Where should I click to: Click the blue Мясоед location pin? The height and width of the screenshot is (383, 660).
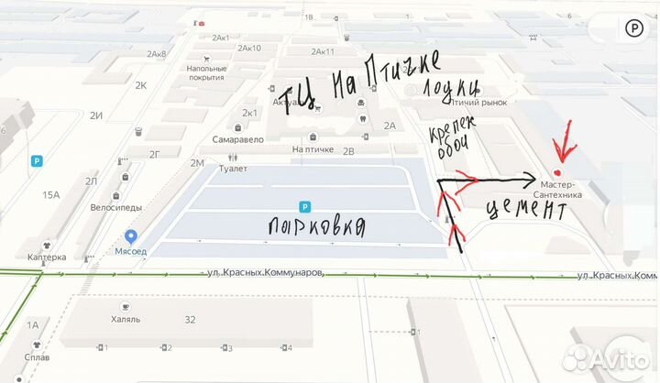(x=131, y=237)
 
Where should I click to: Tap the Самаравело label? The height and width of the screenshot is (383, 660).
(x=237, y=139)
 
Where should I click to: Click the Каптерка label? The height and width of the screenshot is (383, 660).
(x=46, y=257)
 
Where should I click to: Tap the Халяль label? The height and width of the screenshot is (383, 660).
(x=126, y=320)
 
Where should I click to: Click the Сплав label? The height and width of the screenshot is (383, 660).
(x=38, y=357)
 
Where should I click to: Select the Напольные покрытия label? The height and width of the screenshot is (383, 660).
(x=206, y=73)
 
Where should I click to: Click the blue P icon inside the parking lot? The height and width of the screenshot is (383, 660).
(x=304, y=207)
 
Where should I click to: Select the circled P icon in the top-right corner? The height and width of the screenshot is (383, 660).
(x=633, y=28)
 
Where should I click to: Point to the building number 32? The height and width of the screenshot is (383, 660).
(x=190, y=320)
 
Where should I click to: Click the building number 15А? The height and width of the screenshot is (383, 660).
(x=49, y=194)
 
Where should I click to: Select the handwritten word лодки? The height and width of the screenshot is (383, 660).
(x=450, y=89)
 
